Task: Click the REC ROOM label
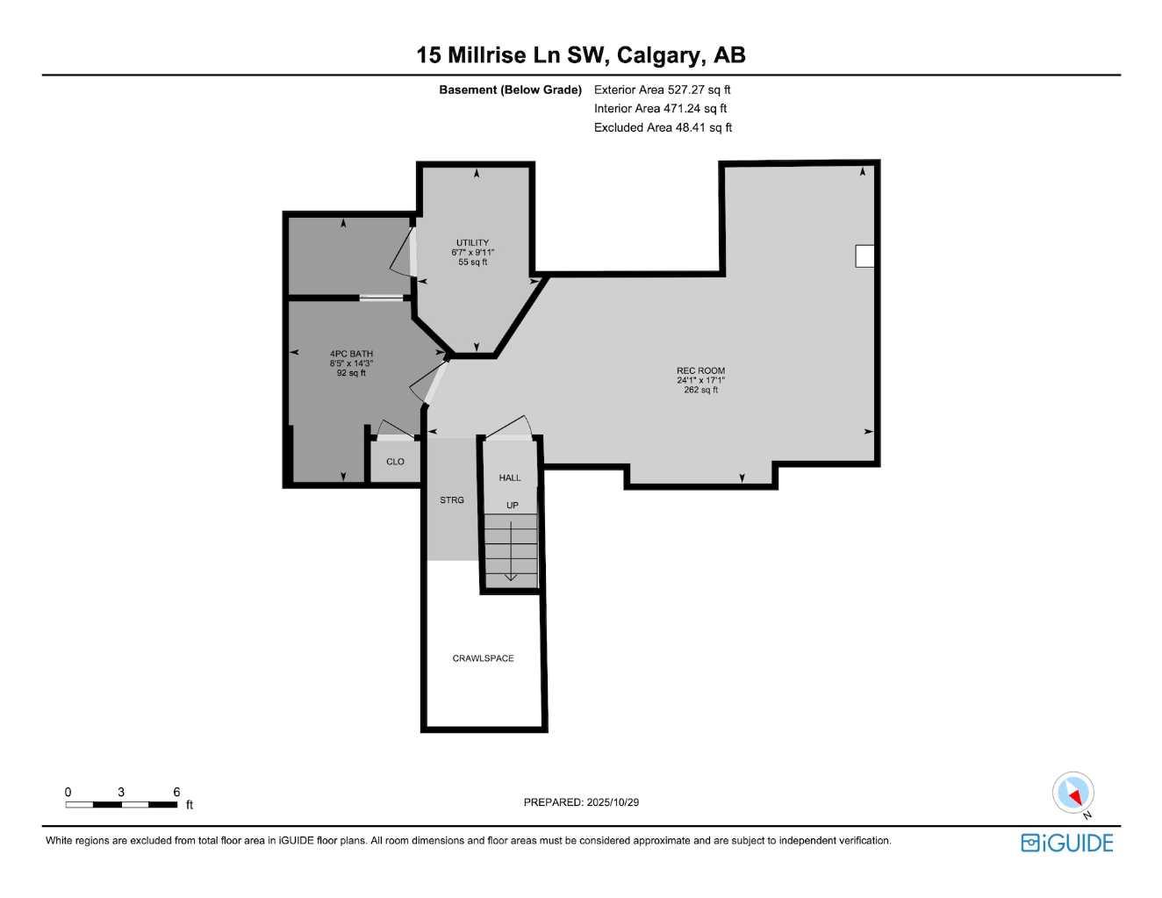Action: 700,370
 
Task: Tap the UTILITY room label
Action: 472,243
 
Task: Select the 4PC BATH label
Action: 351,354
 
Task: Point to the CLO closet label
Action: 395,462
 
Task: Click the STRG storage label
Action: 452,500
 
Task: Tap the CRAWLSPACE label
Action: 483,658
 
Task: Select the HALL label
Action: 510,478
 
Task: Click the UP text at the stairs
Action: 512,506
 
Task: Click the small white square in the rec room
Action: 864,255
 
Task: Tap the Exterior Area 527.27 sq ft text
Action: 662,90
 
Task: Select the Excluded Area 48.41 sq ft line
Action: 663,128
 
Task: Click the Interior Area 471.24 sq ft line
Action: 660,109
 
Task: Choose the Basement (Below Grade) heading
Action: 510,90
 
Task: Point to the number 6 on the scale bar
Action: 176,792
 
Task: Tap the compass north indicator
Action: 1073,794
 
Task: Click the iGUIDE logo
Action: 1067,844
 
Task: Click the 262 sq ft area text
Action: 700,390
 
